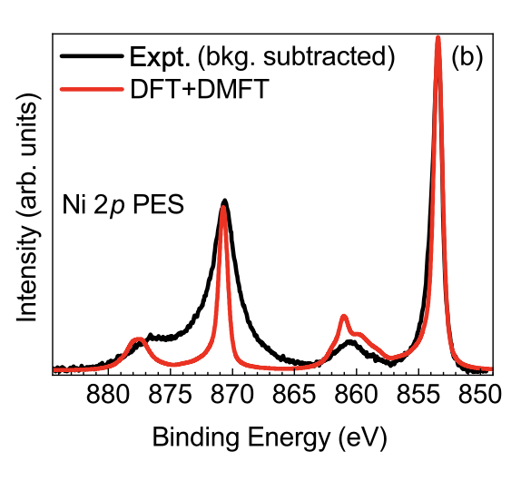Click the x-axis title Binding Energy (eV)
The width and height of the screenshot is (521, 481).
(x=270, y=438)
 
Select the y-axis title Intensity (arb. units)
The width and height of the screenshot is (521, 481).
(x=27, y=208)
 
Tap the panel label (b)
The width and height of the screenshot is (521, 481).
(x=467, y=57)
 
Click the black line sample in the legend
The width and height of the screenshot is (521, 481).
(x=92, y=55)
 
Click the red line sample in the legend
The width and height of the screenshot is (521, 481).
(x=92, y=89)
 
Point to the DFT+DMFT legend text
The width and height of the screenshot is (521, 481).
(x=200, y=89)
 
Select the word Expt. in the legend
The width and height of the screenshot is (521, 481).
(x=160, y=57)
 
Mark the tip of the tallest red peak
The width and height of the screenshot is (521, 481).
(x=437, y=37)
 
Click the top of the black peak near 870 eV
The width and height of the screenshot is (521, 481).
(x=225, y=201)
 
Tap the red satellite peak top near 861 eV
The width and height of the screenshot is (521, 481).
(x=344, y=316)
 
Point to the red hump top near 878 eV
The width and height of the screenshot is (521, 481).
(x=137, y=339)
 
